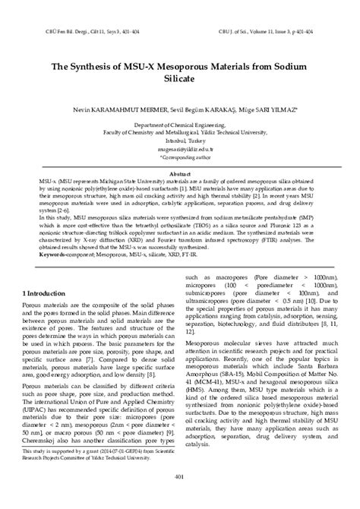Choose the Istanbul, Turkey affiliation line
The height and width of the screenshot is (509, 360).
tap(179, 140)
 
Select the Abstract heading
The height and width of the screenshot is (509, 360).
tap(179, 174)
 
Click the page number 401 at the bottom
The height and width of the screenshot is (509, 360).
tap(179, 476)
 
